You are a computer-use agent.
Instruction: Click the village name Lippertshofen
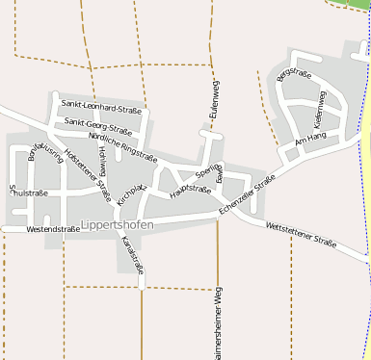click(118, 225)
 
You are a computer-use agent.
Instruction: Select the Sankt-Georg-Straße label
click(97, 124)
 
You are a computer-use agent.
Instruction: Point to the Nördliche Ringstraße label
click(122, 144)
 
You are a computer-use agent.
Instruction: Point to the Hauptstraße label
click(189, 191)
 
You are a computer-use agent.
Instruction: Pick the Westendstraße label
click(52, 229)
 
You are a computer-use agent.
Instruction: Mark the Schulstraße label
click(29, 193)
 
